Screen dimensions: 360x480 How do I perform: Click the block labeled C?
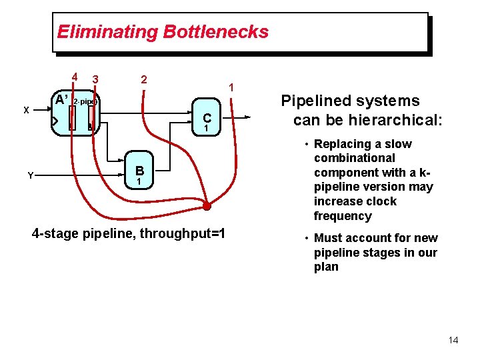pos(207,120)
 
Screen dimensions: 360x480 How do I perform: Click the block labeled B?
pos(139,174)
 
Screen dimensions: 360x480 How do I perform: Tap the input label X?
pos(26,110)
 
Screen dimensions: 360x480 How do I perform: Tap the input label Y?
pos(30,175)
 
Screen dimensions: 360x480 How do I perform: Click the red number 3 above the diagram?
pos(96,80)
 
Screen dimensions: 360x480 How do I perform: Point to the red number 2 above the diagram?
pos(143,79)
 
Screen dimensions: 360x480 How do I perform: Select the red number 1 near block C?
pos(231,87)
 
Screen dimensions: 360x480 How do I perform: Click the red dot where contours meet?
pos(207,206)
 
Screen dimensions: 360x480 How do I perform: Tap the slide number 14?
pos(453,340)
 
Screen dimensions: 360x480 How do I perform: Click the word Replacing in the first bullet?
pos(344,144)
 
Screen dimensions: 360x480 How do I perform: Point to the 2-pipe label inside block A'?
pos(85,102)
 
